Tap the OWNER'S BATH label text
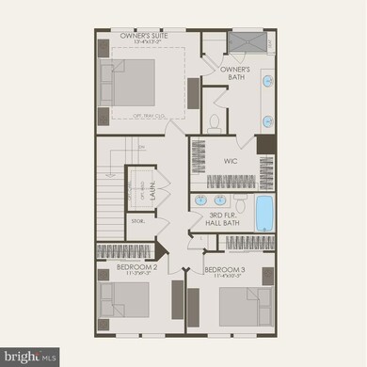coord(235,73)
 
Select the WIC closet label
coord(230,161)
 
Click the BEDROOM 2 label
coord(136,266)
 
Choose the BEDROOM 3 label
coord(224,269)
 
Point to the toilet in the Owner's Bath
coord(215,121)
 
